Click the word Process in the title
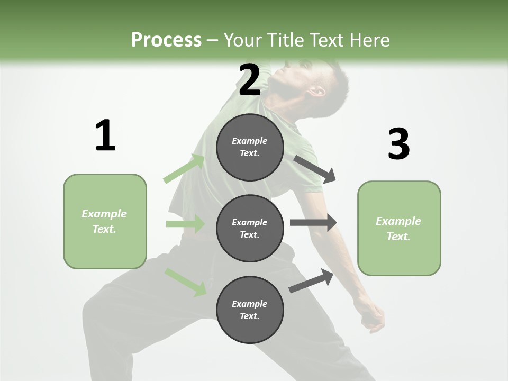pyautogui.click(x=166, y=40)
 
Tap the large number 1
pyautogui.click(x=105, y=135)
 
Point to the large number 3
pyautogui.click(x=398, y=144)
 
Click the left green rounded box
pyautogui.click(x=105, y=221)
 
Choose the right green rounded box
pyautogui.click(x=399, y=228)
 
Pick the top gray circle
pyautogui.click(x=250, y=147)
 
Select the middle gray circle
pyautogui.click(x=250, y=228)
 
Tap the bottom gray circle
pyautogui.click(x=250, y=310)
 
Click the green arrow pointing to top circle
pyautogui.click(x=184, y=169)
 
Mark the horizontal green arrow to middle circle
pyautogui.click(x=185, y=224)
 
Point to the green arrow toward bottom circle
pyautogui.click(x=185, y=282)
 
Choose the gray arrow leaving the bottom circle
pyautogui.click(x=312, y=280)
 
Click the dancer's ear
pyautogui.click(x=318, y=90)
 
